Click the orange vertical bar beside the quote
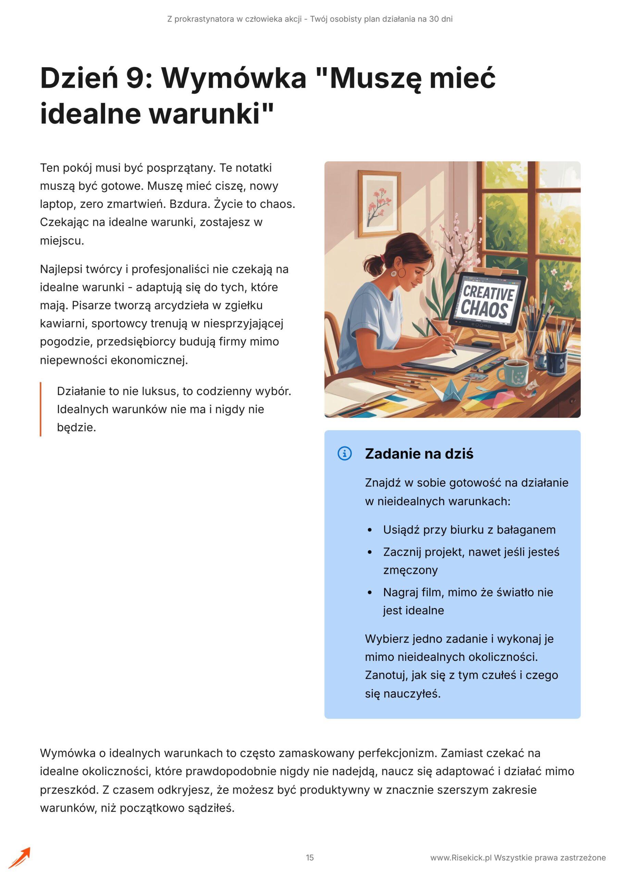tap(40, 409)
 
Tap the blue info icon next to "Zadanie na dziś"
tap(344, 454)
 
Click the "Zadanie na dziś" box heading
tap(419, 454)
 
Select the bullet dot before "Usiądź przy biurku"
tap(369, 530)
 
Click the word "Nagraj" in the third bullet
tap(401, 592)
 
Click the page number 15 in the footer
tap(309, 858)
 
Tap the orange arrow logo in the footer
tap(20, 857)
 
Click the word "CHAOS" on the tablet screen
tap(485, 310)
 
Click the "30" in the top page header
tap(434, 19)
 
